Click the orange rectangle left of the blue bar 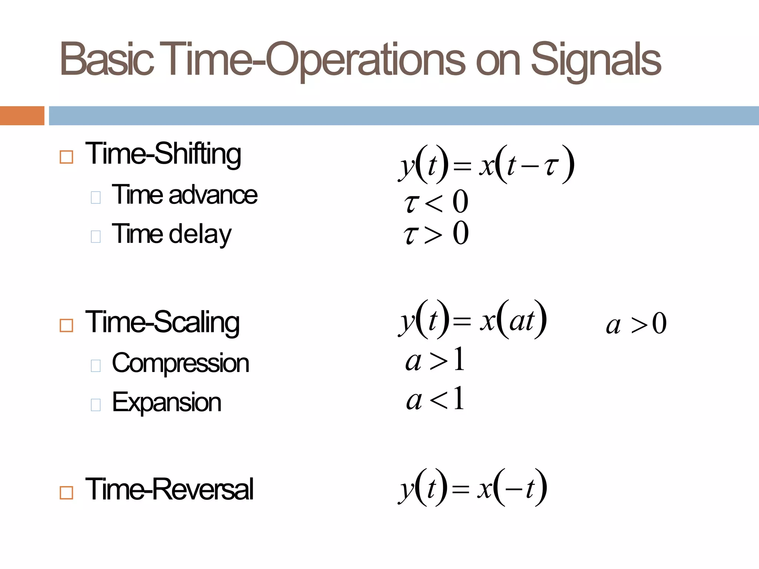coord(22,116)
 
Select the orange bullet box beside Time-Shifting coord(66,157)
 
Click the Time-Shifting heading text coord(163,154)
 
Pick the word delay coord(200,234)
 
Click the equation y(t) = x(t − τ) coord(486,164)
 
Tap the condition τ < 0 coord(436,202)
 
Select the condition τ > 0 coord(436,233)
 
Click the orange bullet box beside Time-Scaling coord(66,326)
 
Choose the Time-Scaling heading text coord(162,322)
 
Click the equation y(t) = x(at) coord(473,319)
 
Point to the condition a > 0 coord(636,324)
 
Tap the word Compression coord(180,363)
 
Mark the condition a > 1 coord(435,359)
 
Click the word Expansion coord(166,402)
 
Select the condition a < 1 coord(435,399)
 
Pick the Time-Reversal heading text coord(169,489)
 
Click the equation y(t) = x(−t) coord(473,488)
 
